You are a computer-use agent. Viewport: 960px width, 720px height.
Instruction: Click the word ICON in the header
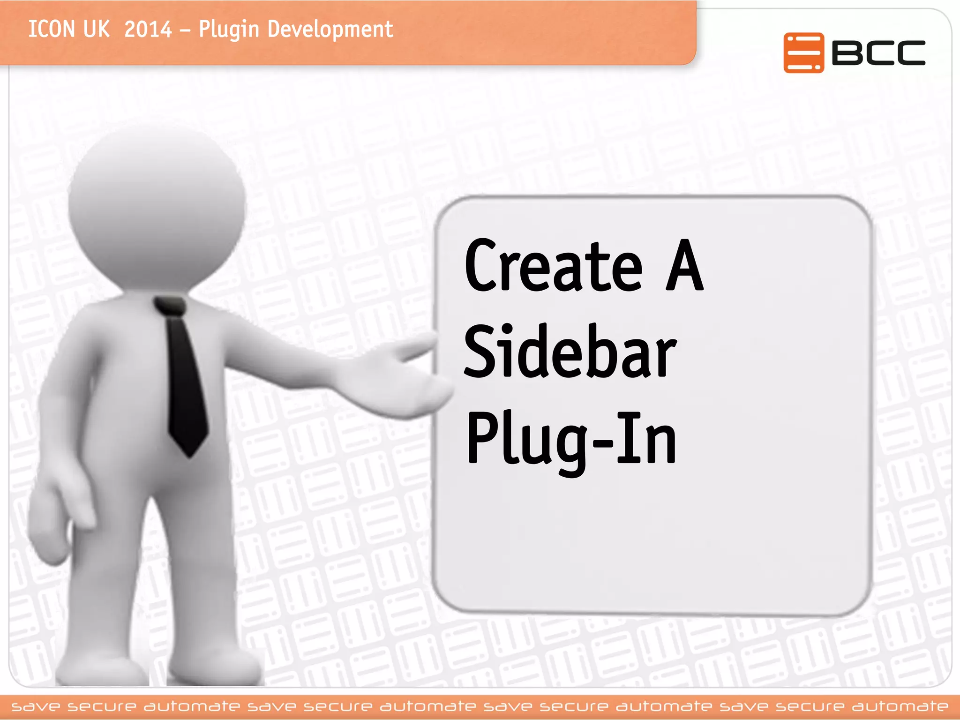[x=51, y=29]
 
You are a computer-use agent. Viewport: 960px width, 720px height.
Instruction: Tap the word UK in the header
[x=96, y=29]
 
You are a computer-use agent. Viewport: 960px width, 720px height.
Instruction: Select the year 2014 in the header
[x=148, y=29]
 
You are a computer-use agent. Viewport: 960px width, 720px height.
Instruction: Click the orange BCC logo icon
[x=803, y=52]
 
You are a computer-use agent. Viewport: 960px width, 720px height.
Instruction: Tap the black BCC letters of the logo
[x=878, y=52]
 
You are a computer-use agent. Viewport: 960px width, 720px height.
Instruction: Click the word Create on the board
[x=554, y=267]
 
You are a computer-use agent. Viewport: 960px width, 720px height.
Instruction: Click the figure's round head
[x=157, y=206]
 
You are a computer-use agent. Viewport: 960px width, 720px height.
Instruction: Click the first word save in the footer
[x=36, y=706]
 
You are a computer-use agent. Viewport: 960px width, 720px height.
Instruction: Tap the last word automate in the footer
[x=900, y=706]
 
